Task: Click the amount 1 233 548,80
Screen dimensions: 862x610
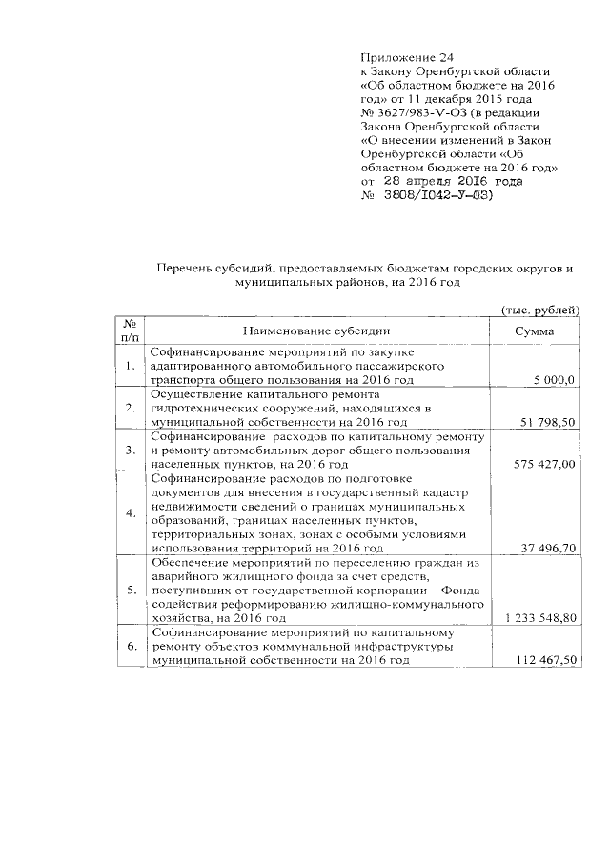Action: pos(540,618)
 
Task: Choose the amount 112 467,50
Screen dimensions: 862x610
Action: pos(547,660)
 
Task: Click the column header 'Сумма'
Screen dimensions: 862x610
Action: pos(534,331)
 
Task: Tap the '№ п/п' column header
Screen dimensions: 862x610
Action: pos(130,330)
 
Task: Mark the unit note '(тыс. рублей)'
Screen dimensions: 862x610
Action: pos(540,310)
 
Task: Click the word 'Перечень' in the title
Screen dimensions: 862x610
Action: pos(185,270)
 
